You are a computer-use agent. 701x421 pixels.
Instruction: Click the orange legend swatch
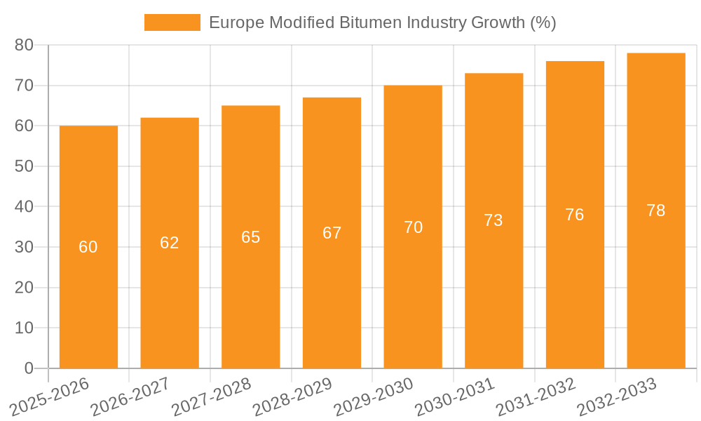pos(172,22)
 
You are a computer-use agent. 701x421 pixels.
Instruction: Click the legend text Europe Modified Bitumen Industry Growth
pos(382,22)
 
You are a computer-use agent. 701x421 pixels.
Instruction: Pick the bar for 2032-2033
pos(656,281)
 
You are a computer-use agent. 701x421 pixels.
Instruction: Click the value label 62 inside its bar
pos(170,243)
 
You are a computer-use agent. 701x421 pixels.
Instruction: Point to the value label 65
pos(251,237)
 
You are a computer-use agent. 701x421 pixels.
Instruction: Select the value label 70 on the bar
pos(414,227)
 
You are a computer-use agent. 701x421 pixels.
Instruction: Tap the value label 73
pos(494,220)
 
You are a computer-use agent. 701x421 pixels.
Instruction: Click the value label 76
pos(575,215)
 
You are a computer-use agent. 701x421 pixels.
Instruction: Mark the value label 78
pos(656,210)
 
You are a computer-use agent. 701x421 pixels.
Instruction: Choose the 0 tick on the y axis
pos(29,368)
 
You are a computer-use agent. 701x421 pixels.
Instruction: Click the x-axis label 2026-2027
pos(130,397)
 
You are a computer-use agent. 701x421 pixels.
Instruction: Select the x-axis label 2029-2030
pos(374,397)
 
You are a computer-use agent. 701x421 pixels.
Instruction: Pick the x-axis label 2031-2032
pos(536,397)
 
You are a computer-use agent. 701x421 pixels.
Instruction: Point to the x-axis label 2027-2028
pos(212,397)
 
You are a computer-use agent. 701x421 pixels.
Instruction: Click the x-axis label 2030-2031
pos(455,397)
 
